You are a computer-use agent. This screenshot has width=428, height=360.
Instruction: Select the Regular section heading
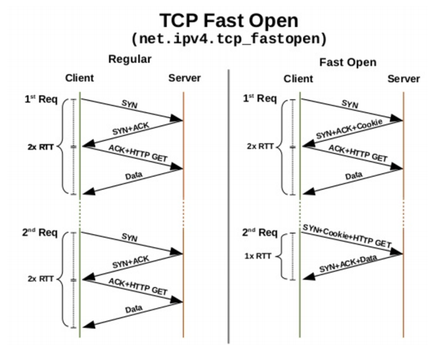tap(130, 59)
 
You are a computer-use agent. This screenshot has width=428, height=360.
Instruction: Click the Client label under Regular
tap(79, 78)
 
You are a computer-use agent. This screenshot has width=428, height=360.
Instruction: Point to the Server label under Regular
tap(184, 78)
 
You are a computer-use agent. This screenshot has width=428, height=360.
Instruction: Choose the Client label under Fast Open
tap(298, 79)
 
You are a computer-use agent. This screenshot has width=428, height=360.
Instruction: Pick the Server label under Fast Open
tap(403, 79)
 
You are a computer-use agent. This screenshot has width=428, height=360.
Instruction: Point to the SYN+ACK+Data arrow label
tap(349, 267)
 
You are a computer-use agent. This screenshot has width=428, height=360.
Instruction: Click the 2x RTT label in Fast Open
tap(261, 146)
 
